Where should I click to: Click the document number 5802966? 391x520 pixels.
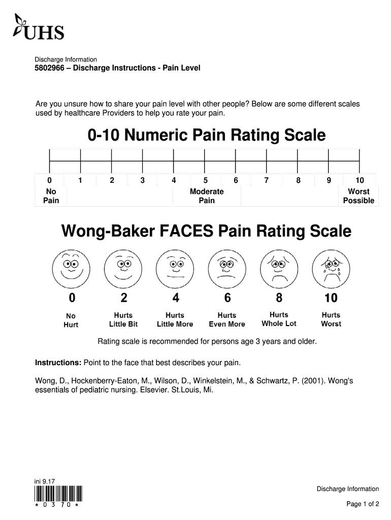pos(49,68)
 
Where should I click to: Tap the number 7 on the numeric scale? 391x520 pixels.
pos(266,180)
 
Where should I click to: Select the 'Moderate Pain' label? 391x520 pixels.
pos(207,196)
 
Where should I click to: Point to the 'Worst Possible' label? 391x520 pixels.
pos(359,196)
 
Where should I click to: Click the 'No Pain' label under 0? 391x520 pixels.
pos(51,196)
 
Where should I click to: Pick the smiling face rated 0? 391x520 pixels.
pos(71,268)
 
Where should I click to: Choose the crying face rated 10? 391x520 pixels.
pos(331,268)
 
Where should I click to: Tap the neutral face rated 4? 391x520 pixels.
pos(175,268)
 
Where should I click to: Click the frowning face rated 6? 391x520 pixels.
pos(227,268)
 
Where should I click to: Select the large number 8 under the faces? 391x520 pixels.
pos(279,298)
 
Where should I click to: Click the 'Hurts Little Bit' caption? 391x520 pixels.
pos(123,320)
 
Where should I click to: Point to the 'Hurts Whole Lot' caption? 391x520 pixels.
pos(279,319)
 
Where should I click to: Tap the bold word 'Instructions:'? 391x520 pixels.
pos(58,363)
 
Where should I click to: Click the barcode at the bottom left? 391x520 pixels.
pos(58,494)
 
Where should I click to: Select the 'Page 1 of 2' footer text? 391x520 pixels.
pos(363,504)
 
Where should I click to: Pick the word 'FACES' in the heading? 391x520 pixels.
pos(186,231)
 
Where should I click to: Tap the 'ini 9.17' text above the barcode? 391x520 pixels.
pos(45,481)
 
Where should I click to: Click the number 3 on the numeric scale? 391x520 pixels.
pos(143,180)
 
